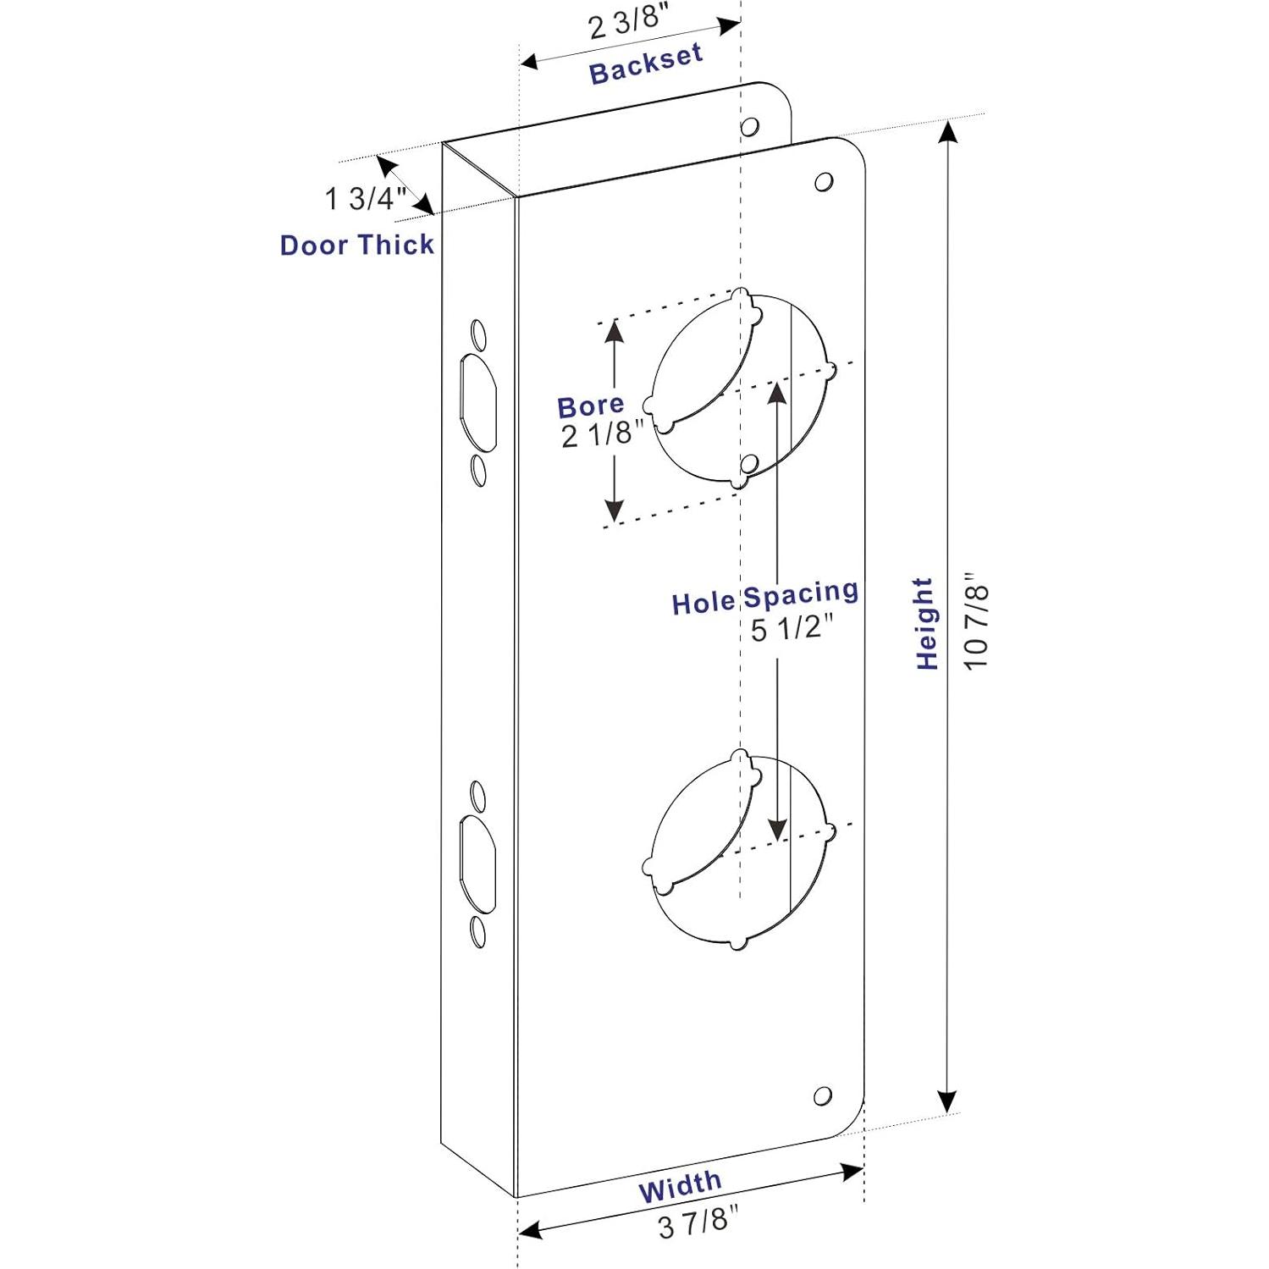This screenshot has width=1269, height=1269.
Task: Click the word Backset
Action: [x=645, y=63]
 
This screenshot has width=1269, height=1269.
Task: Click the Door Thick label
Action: [x=356, y=246]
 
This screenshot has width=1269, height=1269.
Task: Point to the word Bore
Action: [x=590, y=406]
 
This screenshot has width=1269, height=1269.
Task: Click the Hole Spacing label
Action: [x=764, y=598]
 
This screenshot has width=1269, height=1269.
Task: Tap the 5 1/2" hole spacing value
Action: [x=792, y=630]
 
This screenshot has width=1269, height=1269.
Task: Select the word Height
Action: [x=926, y=624]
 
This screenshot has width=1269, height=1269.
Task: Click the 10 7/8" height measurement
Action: [x=975, y=624]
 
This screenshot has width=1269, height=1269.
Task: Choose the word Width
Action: [x=680, y=1187]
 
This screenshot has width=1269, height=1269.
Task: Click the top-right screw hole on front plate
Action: [x=823, y=182]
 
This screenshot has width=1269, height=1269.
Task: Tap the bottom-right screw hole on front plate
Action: [x=822, y=1096]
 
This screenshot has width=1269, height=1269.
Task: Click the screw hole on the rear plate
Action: [x=749, y=127]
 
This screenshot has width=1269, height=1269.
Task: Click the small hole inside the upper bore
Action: [x=748, y=463]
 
